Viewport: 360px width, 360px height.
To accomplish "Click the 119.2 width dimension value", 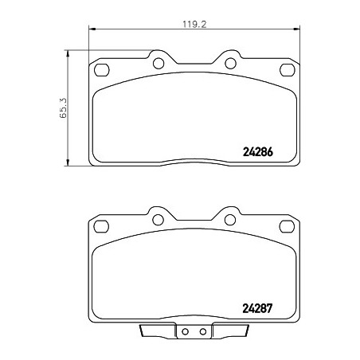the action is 194,25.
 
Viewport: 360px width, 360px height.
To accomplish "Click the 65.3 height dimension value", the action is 64,108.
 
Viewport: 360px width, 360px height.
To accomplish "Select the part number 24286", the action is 258,152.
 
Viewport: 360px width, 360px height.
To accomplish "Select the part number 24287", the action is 257,308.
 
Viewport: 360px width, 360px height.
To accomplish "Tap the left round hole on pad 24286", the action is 158,64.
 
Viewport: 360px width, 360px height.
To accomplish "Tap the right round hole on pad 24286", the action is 230,64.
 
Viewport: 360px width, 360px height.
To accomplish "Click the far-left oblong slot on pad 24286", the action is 102,70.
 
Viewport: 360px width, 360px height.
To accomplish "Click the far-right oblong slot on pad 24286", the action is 288,70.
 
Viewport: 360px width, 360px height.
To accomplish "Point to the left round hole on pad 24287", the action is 158,220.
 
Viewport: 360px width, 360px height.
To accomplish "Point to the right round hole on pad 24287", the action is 230,220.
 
